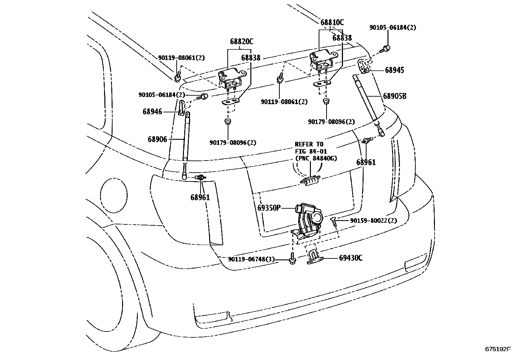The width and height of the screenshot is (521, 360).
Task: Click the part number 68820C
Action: tap(242, 42)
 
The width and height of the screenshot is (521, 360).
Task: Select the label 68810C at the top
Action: tap(332, 23)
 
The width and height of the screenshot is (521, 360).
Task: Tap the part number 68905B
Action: tap(395, 96)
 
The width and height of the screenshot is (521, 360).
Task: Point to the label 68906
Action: tap(157, 140)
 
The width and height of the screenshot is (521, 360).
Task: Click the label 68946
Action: tap(152, 112)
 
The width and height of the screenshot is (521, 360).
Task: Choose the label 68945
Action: tap(394, 70)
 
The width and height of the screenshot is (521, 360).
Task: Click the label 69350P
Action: tap(269, 208)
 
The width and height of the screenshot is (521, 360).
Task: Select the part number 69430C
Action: tap(350, 258)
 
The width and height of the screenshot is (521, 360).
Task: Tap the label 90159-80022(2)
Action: tap(373, 221)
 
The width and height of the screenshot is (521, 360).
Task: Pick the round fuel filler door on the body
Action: tap(113, 194)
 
